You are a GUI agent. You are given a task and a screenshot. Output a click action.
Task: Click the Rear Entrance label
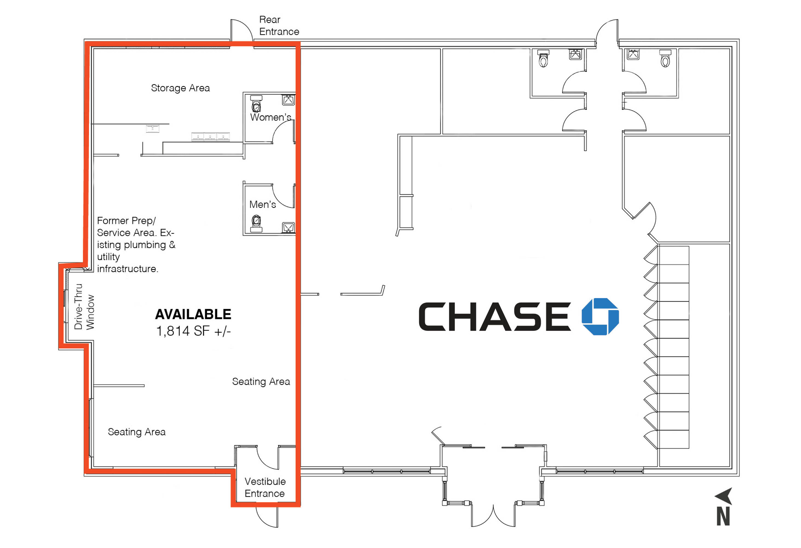coord(279,25)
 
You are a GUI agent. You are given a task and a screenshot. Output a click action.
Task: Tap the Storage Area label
coord(180,88)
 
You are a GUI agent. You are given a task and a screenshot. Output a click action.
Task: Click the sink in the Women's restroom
coord(288,100)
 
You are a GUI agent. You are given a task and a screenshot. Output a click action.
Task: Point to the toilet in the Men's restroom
coord(256,224)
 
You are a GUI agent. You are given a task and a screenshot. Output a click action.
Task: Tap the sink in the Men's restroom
coord(289,227)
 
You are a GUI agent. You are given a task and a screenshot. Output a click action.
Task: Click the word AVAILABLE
coord(193,314)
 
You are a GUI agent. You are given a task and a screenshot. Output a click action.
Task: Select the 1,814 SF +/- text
coord(193,331)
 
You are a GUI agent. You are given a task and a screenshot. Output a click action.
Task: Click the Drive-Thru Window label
coord(84,307)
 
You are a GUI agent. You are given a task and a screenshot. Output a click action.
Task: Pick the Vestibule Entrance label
coord(265,487)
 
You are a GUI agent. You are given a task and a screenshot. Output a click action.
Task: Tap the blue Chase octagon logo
coord(600,316)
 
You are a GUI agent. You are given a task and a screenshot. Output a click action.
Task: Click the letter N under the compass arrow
coord(723,516)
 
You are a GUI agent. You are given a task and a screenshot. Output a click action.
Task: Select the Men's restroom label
coord(263,204)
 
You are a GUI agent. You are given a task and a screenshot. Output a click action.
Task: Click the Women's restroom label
coord(270,117)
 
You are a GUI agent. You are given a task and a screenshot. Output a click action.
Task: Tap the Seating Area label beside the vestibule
coord(261,381)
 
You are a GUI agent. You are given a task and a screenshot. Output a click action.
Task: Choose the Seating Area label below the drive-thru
coord(137,432)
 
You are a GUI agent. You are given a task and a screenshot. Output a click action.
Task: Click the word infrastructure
coord(128,269)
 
